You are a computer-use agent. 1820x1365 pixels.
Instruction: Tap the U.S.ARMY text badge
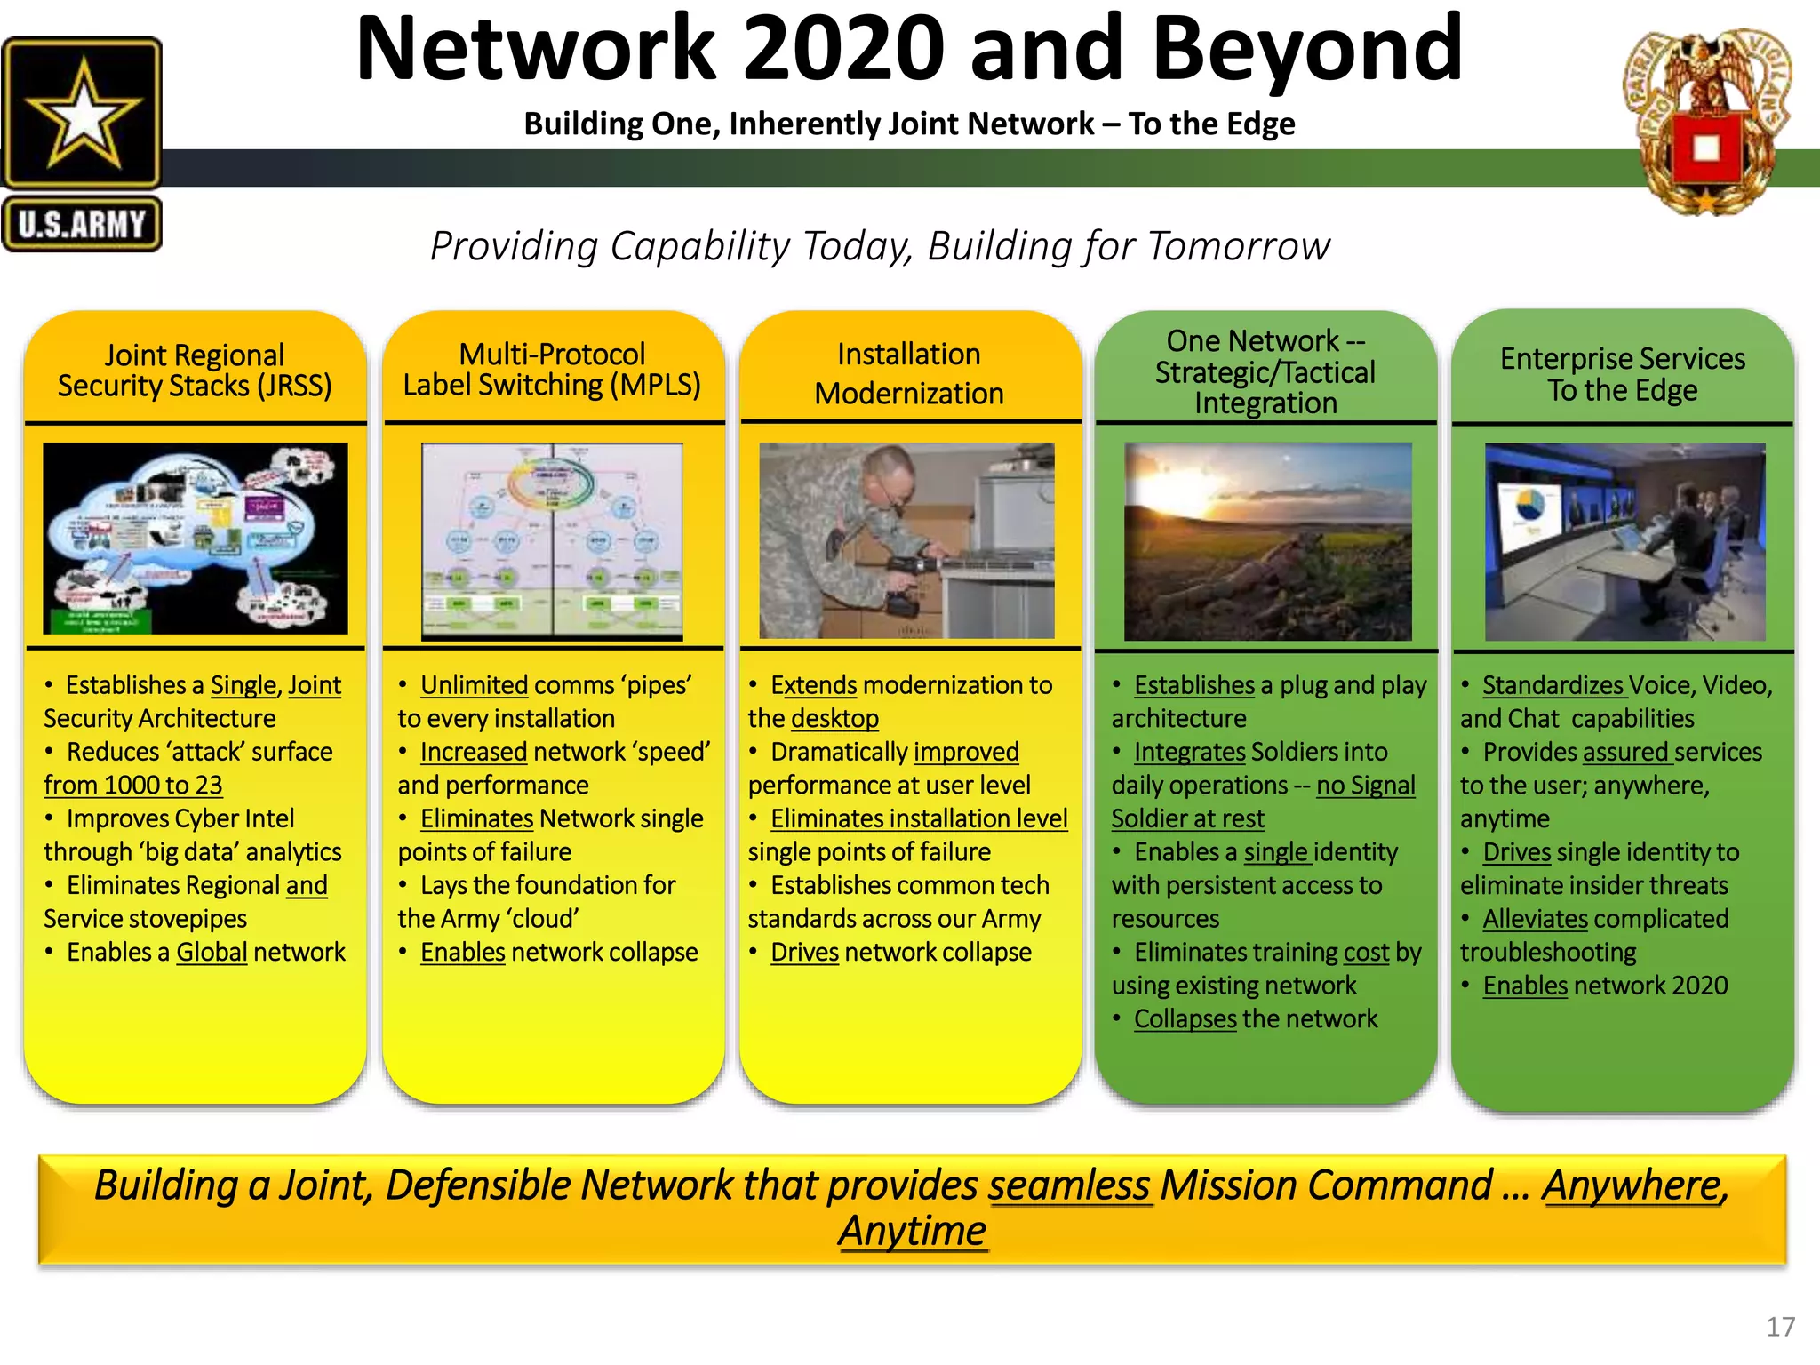pyautogui.click(x=82, y=224)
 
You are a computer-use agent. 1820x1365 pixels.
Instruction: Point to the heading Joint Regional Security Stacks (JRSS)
pyautogui.click(x=195, y=371)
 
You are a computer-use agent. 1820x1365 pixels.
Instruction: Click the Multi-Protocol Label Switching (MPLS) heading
pyautogui.click(x=552, y=370)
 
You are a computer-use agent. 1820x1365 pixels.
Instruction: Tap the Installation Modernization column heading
pyautogui.click(x=909, y=373)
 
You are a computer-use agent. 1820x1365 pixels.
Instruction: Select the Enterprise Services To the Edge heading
pyautogui.click(x=1622, y=374)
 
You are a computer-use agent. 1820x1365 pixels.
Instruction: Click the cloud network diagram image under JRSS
pyautogui.click(x=195, y=539)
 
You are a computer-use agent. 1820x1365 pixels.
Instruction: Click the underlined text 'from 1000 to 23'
pyautogui.click(x=132, y=786)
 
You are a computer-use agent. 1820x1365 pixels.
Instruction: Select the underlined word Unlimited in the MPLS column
pyautogui.click(x=474, y=685)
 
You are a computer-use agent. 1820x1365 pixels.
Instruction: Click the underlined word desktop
pyautogui.click(x=834, y=718)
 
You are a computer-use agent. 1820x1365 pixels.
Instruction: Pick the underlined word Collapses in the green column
pyautogui.click(x=1185, y=1018)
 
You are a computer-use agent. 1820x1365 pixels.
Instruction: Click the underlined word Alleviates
pyautogui.click(x=1535, y=919)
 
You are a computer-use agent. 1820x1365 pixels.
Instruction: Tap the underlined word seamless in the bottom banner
pyautogui.click(x=1069, y=1185)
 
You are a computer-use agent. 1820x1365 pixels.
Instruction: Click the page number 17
pyautogui.click(x=1780, y=1327)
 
